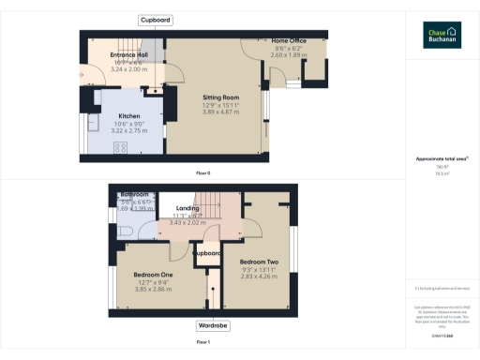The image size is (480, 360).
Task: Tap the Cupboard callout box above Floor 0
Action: point(155,20)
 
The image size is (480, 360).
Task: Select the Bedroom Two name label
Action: point(259,262)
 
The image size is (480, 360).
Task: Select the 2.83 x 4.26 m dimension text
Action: point(259,277)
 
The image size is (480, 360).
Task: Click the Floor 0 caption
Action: point(202,173)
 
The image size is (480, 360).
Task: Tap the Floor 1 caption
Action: point(202,342)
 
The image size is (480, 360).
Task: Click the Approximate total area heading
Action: point(441,158)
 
